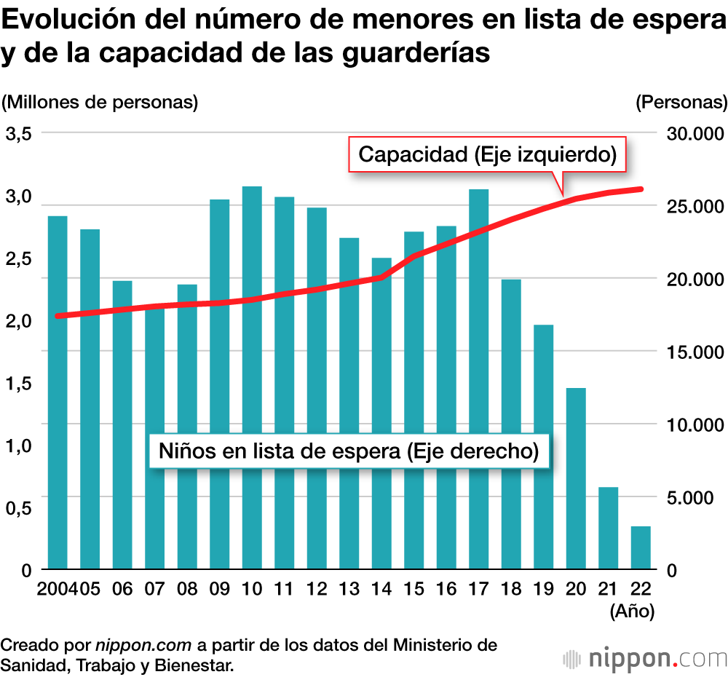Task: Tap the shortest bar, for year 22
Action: point(640,547)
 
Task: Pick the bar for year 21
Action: point(608,528)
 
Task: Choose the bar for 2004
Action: point(58,392)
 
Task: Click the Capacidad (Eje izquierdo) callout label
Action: point(488,154)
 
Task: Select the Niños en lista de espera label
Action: point(348,451)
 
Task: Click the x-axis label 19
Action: point(543,589)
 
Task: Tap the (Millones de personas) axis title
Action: point(100,102)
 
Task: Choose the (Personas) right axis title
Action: point(681,102)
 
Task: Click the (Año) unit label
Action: point(632,611)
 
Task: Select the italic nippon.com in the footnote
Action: point(143,644)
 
